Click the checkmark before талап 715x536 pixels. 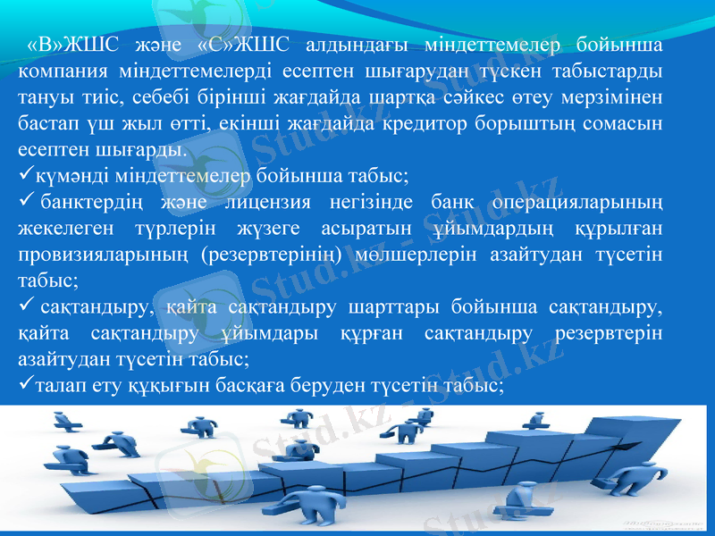click(x=25, y=385)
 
